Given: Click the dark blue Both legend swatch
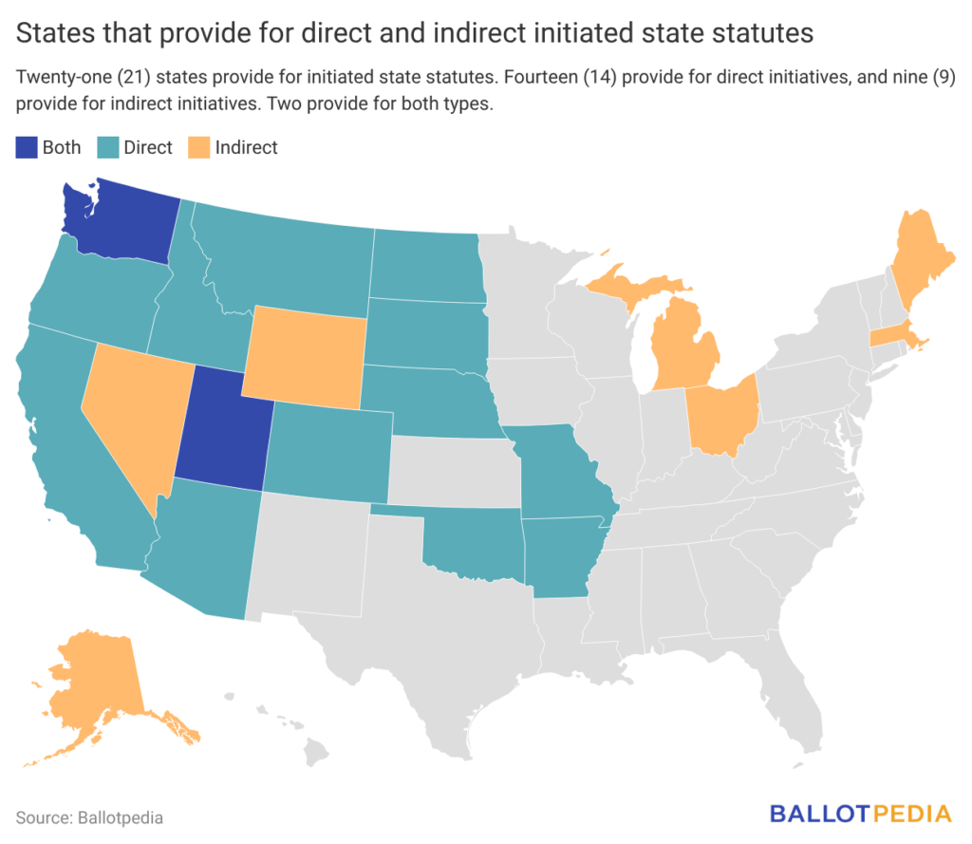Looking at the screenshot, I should [x=26, y=147].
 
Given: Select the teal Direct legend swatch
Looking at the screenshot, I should [x=106, y=147].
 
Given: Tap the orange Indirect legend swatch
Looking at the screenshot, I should [x=198, y=147].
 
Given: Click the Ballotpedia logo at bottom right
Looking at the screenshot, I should [x=860, y=814].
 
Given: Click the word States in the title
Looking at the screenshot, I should [x=52, y=33].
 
